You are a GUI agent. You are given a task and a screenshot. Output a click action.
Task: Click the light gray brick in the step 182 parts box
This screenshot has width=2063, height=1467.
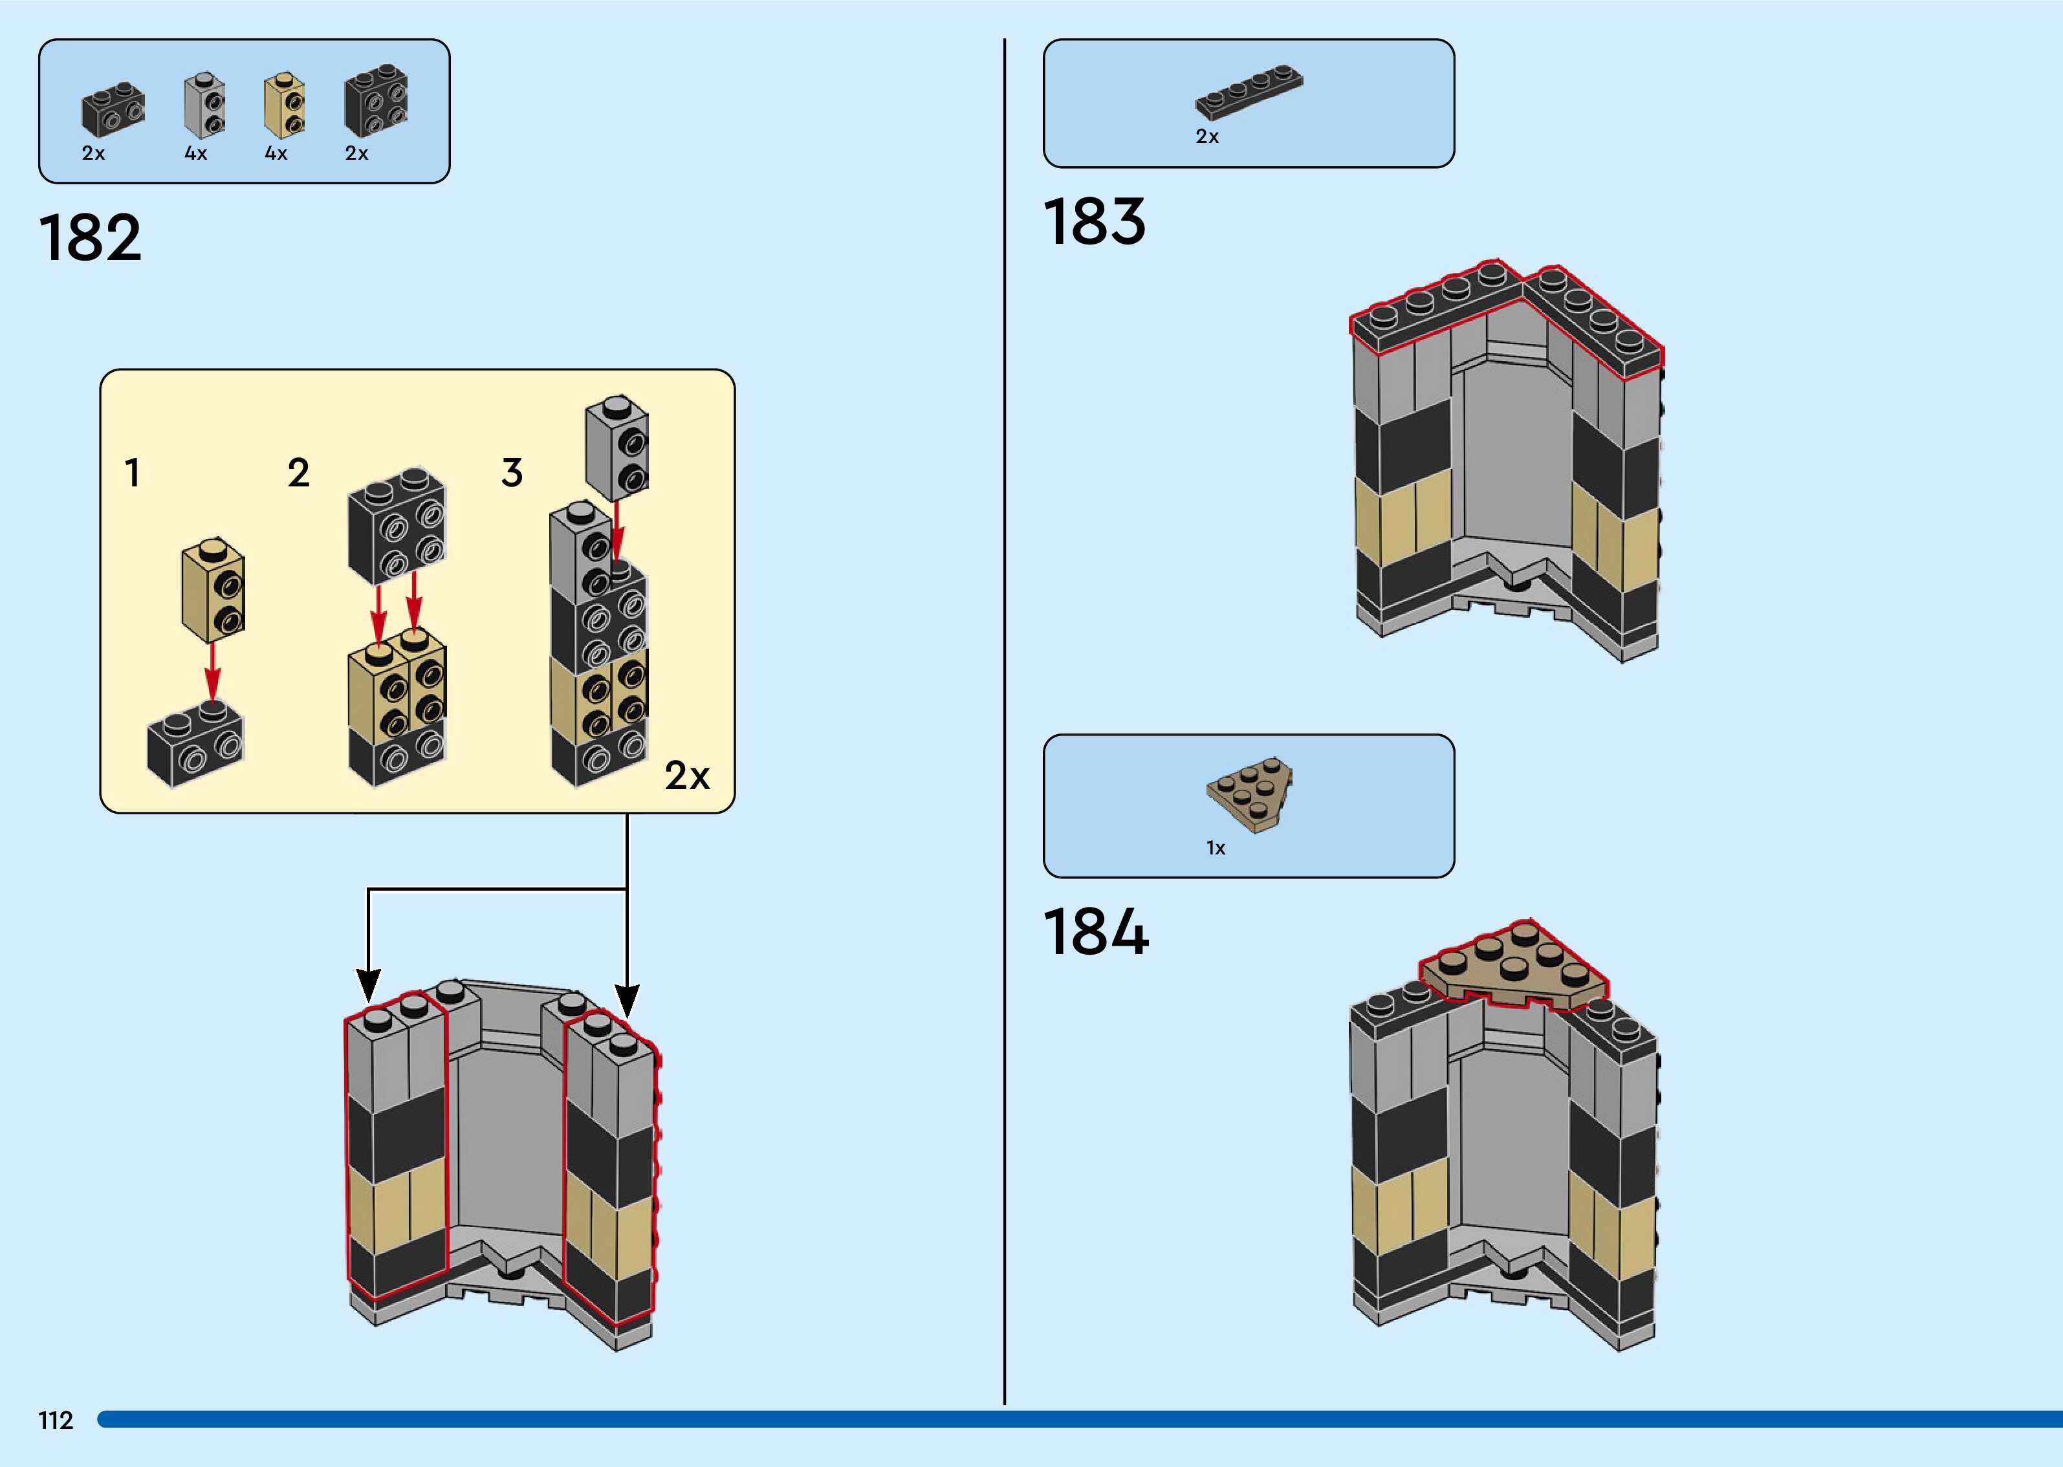click(x=205, y=105)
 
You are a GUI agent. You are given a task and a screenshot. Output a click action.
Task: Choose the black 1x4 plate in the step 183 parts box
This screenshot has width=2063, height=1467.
click(x=1249, y=92)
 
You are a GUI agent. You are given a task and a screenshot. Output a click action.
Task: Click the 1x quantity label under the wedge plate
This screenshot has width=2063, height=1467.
click(x=1216, y=848)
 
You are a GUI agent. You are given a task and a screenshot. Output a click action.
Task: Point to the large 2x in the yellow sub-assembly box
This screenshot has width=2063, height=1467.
click(x=688, y=775)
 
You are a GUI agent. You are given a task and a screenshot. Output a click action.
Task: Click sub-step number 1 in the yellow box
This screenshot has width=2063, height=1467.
click(x=133, y=472)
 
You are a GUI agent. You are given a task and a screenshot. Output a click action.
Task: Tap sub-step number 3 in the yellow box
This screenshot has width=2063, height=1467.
click(x=512, y=472)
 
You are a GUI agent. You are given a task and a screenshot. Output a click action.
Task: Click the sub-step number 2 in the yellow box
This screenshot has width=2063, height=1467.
click(x=299, y=472)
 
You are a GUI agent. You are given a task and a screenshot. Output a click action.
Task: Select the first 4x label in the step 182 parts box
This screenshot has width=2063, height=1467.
click(x=196, y=153)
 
